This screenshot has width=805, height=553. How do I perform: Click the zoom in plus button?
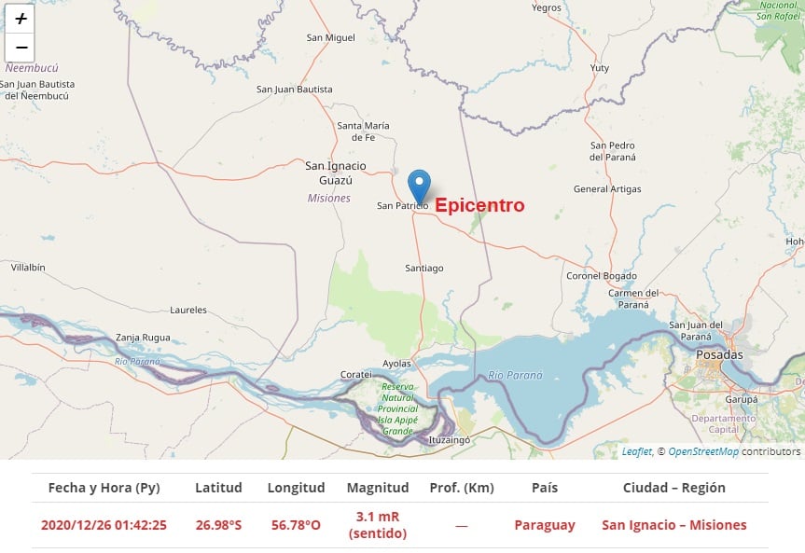[x=21, y=19]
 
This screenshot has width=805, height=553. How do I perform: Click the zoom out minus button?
[x=21, y=48]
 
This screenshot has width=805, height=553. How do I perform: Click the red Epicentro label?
[x=479, y=205]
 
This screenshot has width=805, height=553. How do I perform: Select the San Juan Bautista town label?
[x=294, y=90]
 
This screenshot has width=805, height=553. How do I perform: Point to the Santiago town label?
[x=423, y=269]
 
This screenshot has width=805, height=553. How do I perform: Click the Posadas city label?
[x=720, y=355]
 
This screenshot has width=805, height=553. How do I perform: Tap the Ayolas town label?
[x=397, y=364]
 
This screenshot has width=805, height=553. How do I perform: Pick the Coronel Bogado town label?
[x=602, y=276]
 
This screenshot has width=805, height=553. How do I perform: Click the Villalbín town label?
[x=28, y=268]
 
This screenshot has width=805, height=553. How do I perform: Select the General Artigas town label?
[x=607, y=189]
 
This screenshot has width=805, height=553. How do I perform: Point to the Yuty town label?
[x=600, y=68]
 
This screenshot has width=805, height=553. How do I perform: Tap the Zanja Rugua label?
[x=143, y=338]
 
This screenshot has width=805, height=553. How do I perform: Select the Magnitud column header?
[x=378, y=488]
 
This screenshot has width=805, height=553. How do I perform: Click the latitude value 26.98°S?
[x=218, y=525]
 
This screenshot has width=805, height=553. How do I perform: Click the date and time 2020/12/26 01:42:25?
[x=104, y=525]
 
